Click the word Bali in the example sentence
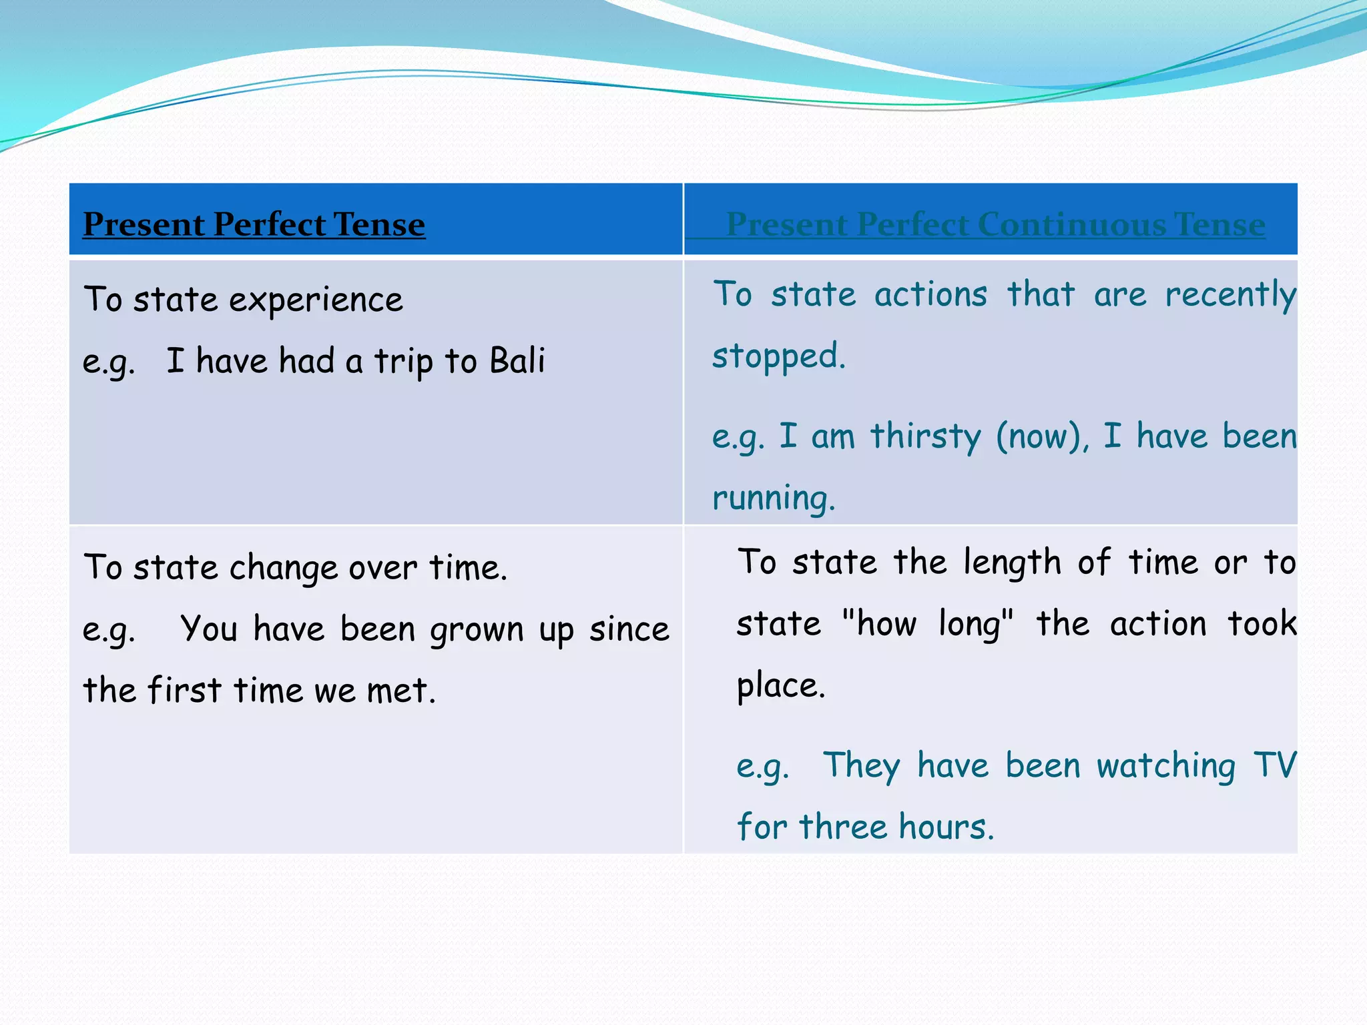click(x=517, y=361)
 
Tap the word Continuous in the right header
click(x=1073, y=224)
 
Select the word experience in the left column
click(x=316, y=300)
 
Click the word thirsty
click(x=926, y=436)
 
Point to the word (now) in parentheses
click(x=1042, y=436)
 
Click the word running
click(x=773, y=498)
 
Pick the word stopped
click(x=778, y=356)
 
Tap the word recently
click(x=1229, y=295)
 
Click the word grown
click(x=477, y=630)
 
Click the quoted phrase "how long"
click(x=928, y=624)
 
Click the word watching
click(x=1165, y=765)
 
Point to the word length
click(x=1012, y=563)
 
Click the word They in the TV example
click(x=861, y=765)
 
